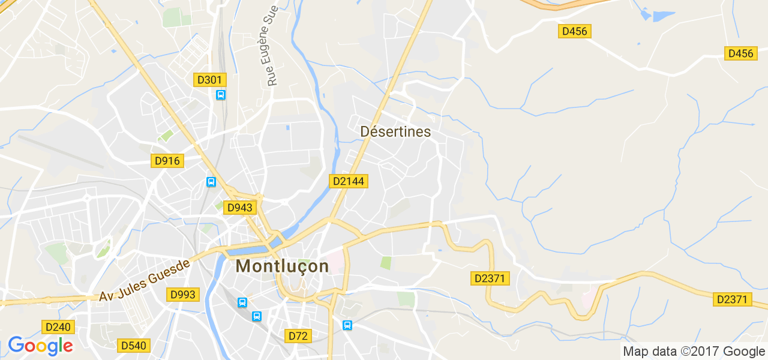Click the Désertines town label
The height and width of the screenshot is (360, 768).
(x=395, y=131)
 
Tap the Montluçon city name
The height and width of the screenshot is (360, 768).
(x=283, y=266)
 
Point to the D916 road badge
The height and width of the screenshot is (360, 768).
(x=167, y=161)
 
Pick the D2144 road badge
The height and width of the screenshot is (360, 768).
(x=347, y=181)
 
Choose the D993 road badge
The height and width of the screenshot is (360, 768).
(x=183, y=295)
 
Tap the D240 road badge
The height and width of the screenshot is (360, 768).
(x=58, y=327)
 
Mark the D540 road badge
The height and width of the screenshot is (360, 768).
(x=134, y=345)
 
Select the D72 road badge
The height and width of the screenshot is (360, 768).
(x=298, y=336)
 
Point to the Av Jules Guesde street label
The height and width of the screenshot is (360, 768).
(x=144, y=279)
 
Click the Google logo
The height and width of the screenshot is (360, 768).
(x=40, y=346)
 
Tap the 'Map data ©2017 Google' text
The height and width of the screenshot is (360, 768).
(x=694, y=352)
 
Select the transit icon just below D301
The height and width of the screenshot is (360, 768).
(x=221, y=95)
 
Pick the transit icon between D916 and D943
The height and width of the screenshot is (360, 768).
(x=211, y=182)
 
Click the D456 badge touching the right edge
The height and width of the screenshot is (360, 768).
(x=740, y=53)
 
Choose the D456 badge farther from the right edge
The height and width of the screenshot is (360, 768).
(x=575, y=31)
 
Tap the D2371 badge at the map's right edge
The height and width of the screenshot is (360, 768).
(x=733, y=299)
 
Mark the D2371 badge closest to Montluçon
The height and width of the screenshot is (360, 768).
(x=490, y=278)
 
